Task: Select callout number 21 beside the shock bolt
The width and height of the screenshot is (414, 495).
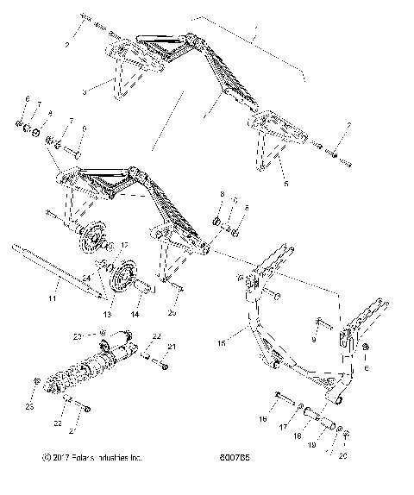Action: [x=172, y=347]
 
